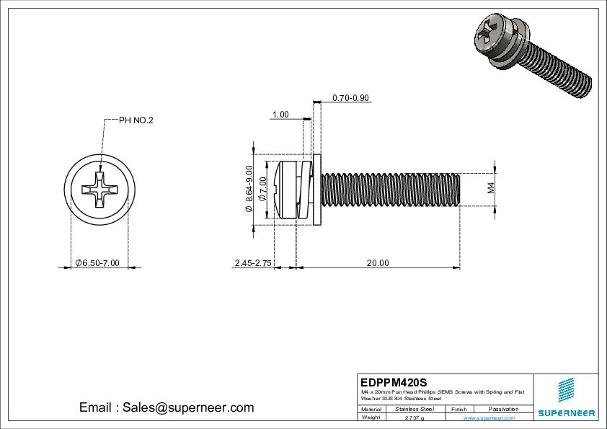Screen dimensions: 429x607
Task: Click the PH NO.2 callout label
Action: click(136, 120)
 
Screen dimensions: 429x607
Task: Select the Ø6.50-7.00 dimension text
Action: click(97, 263)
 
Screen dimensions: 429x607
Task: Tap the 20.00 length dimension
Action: click(377, 263)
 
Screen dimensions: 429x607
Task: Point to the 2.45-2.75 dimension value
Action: click(252, 263)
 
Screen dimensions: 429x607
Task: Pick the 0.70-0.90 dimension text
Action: click(350, 97)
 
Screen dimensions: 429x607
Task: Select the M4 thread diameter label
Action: click(491, 189)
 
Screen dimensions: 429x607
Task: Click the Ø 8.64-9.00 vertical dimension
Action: click(249, 189)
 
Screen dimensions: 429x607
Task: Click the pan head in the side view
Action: click(284, 190)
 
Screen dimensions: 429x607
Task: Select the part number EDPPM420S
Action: click(394, 381)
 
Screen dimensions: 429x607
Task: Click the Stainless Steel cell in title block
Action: click(415, 409)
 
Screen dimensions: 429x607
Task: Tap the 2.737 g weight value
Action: click(415, 417)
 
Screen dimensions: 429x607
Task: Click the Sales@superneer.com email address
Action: click(166, 407)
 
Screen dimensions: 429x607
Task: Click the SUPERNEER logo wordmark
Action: click(566, 413)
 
